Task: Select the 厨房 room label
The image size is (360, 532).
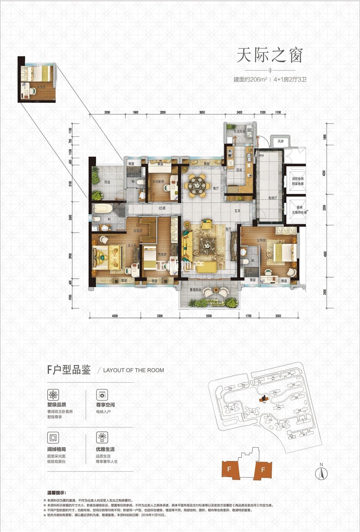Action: [239, 170]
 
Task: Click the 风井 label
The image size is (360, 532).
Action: [280, 141]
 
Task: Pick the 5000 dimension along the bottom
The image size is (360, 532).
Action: [209, 316]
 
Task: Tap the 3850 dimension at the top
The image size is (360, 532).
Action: [202, 113]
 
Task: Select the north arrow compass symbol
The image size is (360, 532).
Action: [321, 473]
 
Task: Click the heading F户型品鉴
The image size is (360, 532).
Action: [69, 370]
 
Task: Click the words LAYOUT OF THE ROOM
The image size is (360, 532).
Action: [134, 370]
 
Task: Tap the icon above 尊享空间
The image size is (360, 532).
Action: [102, 395]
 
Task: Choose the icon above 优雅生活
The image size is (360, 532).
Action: [102, 437]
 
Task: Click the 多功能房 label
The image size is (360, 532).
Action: [158, 182]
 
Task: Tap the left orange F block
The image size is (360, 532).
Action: [229, 469]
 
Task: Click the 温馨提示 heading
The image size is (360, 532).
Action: [56, 493]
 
